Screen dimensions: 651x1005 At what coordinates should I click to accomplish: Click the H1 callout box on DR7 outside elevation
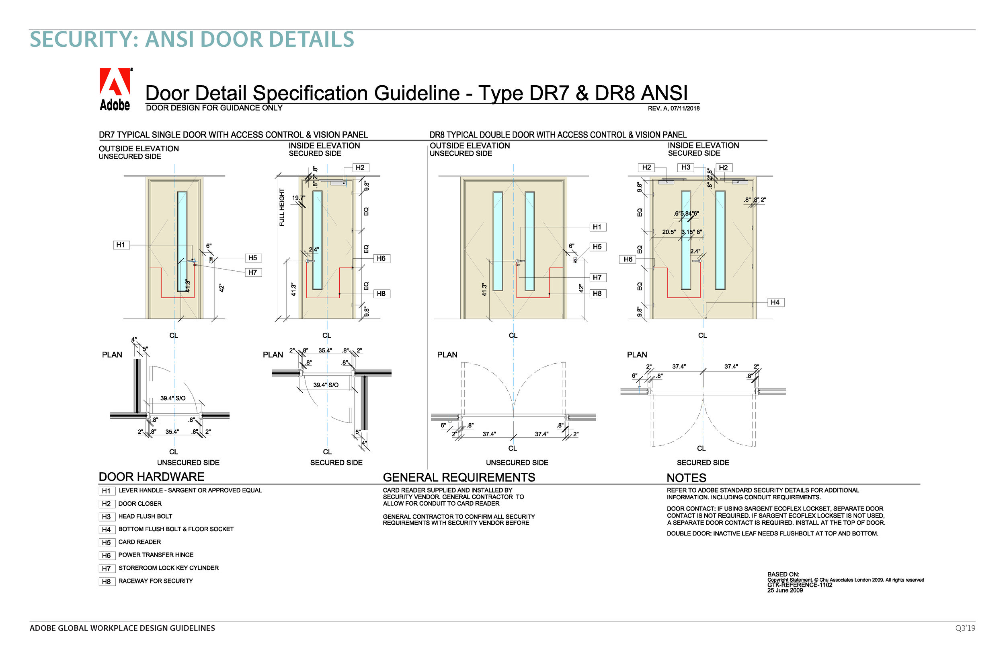121,245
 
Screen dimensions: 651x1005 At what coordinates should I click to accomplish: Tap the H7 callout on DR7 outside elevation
252,272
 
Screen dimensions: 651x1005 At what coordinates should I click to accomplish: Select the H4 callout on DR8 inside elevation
775,302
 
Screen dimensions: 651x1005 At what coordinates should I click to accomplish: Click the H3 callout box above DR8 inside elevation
686,167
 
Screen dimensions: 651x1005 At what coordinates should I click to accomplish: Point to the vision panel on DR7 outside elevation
182,241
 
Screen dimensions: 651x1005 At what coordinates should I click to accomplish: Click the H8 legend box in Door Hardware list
107,582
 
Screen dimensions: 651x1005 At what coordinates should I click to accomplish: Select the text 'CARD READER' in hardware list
139,542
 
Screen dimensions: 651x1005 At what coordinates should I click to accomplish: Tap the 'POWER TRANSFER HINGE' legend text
156,555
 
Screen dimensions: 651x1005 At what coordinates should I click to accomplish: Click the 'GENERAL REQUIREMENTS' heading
459,477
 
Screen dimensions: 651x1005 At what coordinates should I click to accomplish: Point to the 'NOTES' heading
686,478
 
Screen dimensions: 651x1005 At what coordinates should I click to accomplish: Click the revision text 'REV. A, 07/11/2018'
673,108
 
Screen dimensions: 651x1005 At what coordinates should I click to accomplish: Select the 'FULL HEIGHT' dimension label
282,207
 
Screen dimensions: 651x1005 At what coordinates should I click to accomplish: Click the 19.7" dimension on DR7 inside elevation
298,198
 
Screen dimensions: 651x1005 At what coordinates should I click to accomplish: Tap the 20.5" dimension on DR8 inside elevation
669,232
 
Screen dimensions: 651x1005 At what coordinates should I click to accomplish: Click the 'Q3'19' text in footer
965,628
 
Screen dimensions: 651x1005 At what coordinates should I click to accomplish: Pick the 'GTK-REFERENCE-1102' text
799,585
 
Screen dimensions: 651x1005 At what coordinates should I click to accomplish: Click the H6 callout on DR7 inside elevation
381,258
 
